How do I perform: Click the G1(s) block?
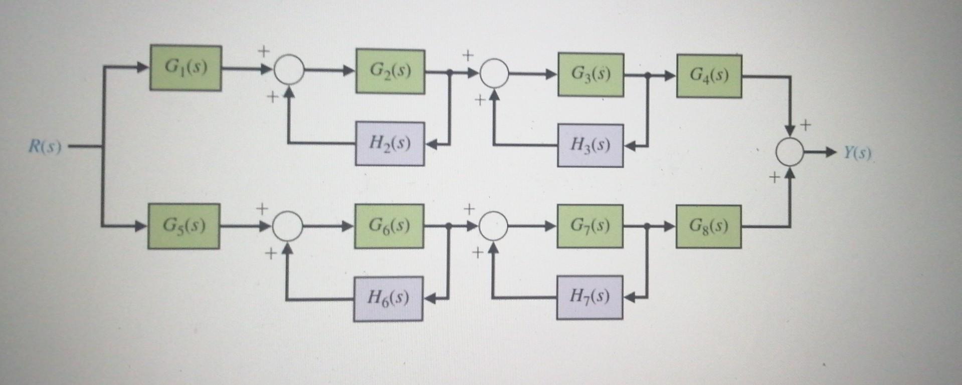pyautogui.click(x=185, y=68)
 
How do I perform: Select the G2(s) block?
pyautogui.click(x=390, y=71)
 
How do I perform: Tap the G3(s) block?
pyautogui.click(x=591, y=75)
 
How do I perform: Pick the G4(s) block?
pyautogui.click(x=709, y=76)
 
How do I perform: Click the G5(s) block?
pyautogui.click(x=183, y=226)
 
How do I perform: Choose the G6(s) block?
pyautogui.click(x=389, y=226)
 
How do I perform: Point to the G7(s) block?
pyautogui.click(x=590, y=226)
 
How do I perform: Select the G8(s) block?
pyautogui.click(x=708, y=226)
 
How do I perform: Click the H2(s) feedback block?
pyautogui.click(x=390, y=144)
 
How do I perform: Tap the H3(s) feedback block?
pyautogui.click(x=590, y=145)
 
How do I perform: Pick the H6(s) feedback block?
pyautogui.click(x=388, y=298)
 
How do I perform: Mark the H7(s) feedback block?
pyautogui.click(x=590, y=297)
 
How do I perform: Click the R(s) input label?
pyautogui.click(x=45, y=147)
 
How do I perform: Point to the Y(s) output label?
pyautogui.click(x=857, y=153)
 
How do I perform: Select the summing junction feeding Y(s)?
pyautogui.click(x=790, y=152)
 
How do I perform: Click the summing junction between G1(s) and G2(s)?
pyautogui.click(x=289, y=70)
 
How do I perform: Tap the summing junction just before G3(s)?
pyautogui.click(x=494, y=73)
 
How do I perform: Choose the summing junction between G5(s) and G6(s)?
pyautogui.click(x=288, y=226)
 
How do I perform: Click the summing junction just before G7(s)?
pyautogui.click(x=493, y=226)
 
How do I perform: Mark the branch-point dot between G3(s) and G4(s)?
pyautogui.click(x=647, y=76)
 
